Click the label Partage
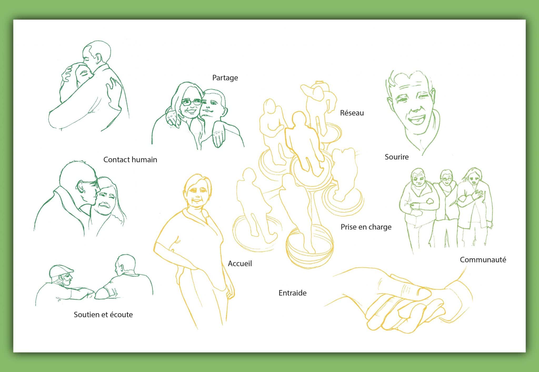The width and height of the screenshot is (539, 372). pos(225,78)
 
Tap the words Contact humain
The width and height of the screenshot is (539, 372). pos(130,160)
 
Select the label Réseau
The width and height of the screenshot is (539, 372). pos(352,113)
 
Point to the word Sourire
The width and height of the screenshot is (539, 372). pos(397,157)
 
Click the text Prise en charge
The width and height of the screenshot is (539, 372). pos(366,227)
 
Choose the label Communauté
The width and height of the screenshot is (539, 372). pos(483,260)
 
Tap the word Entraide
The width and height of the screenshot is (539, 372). pos(292,293)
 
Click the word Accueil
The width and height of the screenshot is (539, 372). pos(240,263)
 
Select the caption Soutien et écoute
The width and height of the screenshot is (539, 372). pos(103,315)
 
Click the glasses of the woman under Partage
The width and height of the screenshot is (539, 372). pos(192,102)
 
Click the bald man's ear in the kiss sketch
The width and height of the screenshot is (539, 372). pos(80,186)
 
